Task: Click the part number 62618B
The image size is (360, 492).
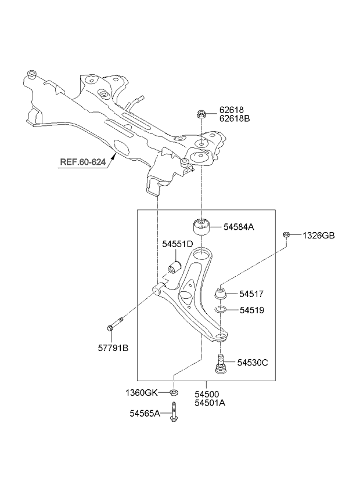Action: click(235, 119)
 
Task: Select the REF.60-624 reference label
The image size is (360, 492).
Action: click(82, 162)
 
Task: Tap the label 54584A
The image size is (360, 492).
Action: click(239, 227)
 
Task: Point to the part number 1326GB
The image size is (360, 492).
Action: click(319, 236)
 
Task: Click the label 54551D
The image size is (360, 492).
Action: click(177, 244)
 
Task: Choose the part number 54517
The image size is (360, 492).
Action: click(251, 294)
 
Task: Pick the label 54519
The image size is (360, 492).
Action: click(252, 310)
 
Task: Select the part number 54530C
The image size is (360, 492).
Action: click(253, 363)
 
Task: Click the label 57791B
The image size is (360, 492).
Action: click(113, 348)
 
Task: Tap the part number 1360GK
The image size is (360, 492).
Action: click(141, 393)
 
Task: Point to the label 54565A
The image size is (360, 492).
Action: click(145, 414)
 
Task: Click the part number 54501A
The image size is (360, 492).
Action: click(210, 403)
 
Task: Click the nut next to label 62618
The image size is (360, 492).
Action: click(201, 114)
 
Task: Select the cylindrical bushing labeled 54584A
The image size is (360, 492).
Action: click(201, 226)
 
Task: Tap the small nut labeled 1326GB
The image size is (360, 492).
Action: click(286, 235)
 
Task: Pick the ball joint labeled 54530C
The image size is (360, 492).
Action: click(221, 364)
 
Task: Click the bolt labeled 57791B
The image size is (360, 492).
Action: click(114, 324)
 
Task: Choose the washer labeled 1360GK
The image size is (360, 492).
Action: click(174, 392)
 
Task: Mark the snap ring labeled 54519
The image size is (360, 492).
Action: click(221, 310)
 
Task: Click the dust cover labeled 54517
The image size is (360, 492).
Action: click(221, 293)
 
